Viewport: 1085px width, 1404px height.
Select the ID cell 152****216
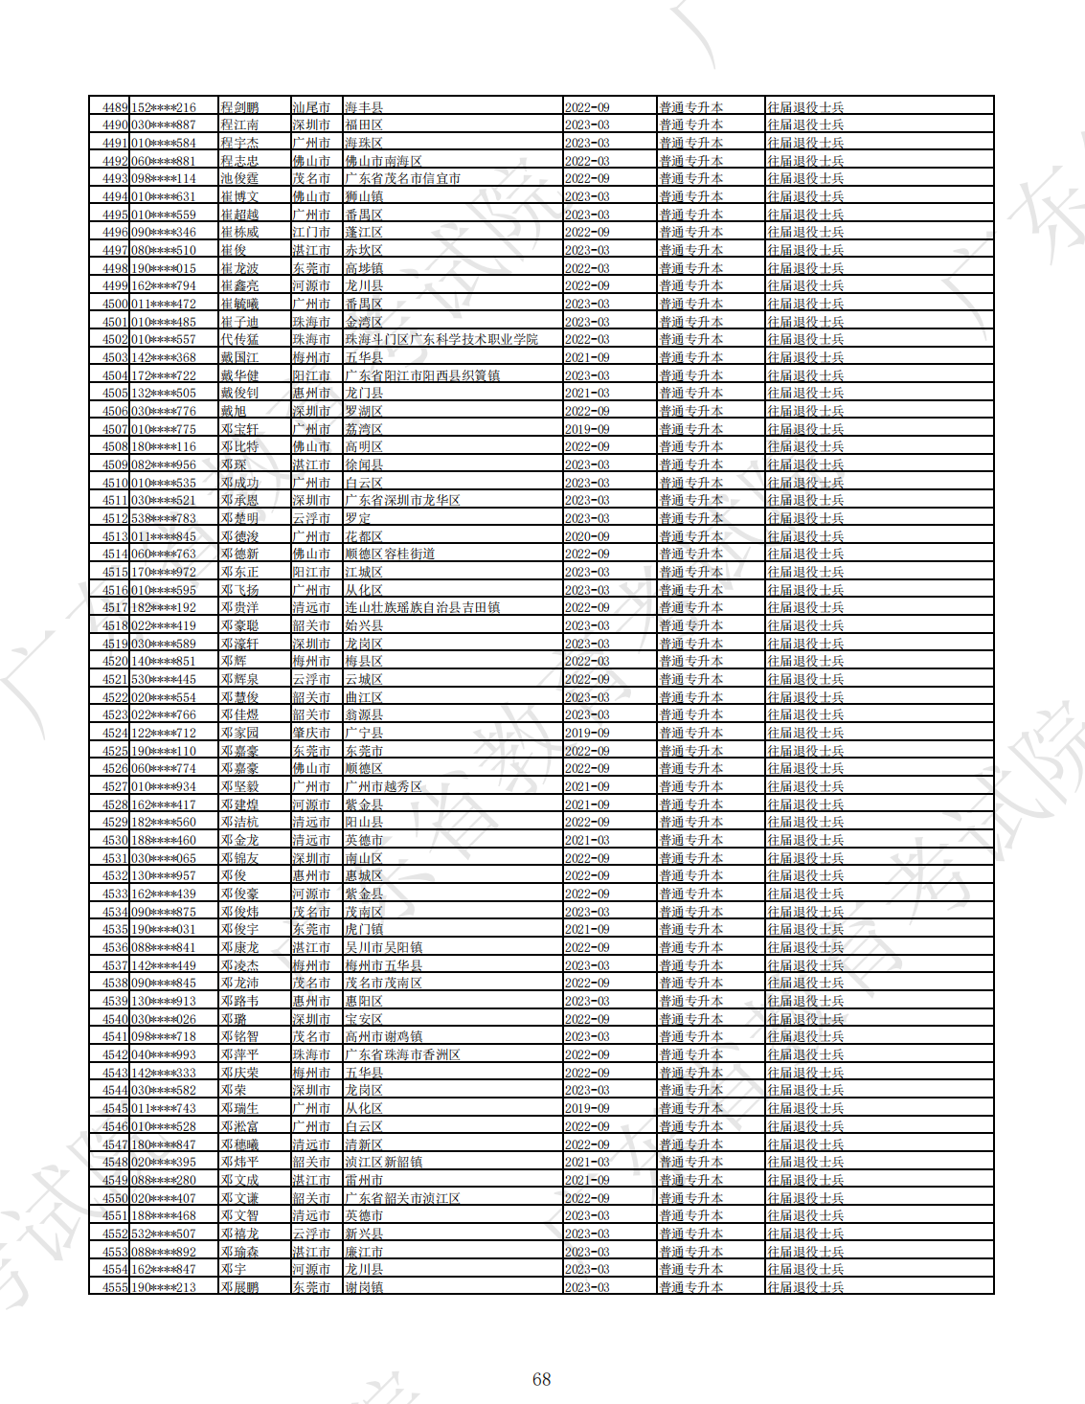163,107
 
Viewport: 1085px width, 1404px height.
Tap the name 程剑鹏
239,107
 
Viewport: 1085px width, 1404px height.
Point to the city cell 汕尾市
311,107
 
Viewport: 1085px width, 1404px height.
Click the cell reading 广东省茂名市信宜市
402,179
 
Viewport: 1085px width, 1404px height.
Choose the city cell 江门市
311,233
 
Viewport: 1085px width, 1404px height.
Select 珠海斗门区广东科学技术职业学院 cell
441,340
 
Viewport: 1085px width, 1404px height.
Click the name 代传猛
239,340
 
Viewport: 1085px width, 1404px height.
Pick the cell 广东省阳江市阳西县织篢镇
422,375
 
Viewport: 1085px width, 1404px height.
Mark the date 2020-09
587,536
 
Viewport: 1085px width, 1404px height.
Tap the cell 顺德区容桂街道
390,555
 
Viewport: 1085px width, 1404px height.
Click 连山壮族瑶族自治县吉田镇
422,608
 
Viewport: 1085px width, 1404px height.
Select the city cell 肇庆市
311,733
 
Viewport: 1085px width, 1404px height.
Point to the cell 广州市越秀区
383,786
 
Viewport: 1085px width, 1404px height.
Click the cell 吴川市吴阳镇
383,947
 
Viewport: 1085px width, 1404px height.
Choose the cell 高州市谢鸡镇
383,1036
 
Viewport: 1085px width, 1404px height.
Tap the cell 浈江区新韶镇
383,1162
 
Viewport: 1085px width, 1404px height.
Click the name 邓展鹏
239,1287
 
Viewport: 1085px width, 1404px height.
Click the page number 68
542,1379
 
